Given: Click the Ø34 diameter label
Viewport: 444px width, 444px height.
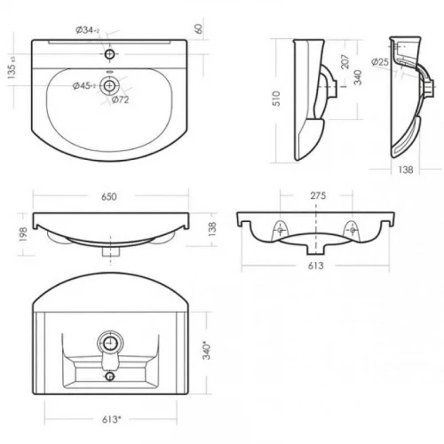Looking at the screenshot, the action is tap(88, 30).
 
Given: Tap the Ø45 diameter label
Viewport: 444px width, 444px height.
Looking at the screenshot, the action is tap(84, 86).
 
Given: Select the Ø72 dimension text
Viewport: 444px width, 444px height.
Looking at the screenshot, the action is tap(121, 99).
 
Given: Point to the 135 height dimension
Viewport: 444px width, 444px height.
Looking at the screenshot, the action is tap(12, 67).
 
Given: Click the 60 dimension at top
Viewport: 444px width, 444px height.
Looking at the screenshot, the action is tap(199, 28).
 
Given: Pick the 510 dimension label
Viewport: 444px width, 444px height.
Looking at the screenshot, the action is tap(276, 99).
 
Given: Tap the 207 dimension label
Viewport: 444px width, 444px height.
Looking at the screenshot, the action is tap(345, 61).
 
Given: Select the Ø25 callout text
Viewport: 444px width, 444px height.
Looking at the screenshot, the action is tap(380, 62).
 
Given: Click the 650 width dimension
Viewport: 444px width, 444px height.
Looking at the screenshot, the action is tap(109, 197).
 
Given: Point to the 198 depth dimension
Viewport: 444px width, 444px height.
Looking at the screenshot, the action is tap(23, 234).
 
